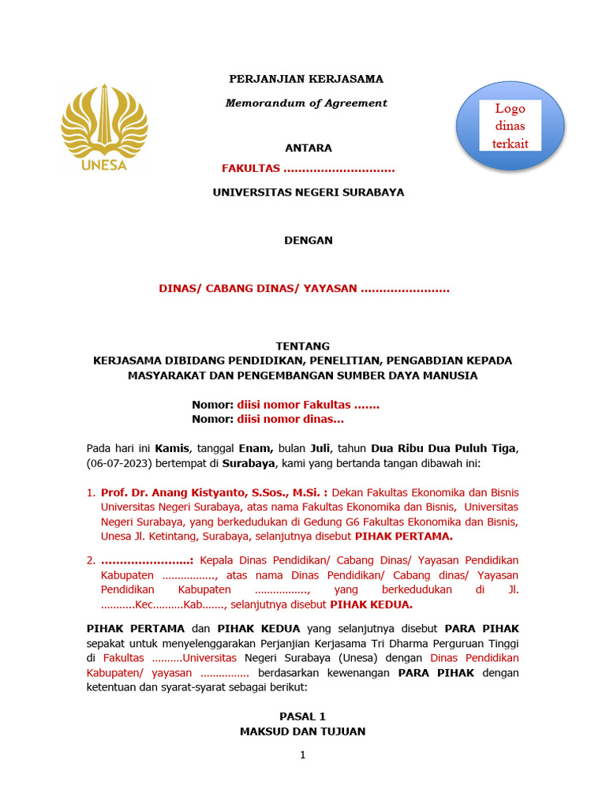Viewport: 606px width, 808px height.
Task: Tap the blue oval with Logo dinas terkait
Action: pos(511,126)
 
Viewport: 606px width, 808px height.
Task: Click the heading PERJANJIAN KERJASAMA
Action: pos(306,79)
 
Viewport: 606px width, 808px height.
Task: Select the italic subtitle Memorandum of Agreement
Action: pos(306,103)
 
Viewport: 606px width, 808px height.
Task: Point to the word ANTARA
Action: pos(308,148)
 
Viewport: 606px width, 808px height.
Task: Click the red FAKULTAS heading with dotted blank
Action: pos(308,168)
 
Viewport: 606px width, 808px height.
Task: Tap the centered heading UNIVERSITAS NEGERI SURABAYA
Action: pos(308,192)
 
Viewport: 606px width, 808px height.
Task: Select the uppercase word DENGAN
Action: pos(308,240)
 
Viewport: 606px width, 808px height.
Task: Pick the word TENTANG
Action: pos(302,346)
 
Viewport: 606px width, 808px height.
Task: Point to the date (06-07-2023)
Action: pos(120,462)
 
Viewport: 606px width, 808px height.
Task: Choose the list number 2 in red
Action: pos(90,560)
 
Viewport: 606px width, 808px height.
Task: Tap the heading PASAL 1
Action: pos(302,716)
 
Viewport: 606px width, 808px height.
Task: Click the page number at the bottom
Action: pos(302,755)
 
